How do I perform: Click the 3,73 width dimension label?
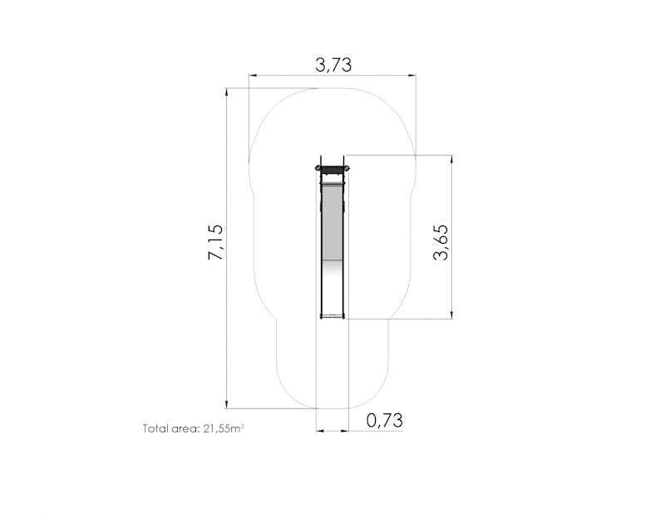[x=333, y=65]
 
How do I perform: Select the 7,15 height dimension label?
[x=215, y=242]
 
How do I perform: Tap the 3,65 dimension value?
[x=441, y=242]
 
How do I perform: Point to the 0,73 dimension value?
[x=384, y=420]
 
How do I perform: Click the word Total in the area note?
[x=155, y=428]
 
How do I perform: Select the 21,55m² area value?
[x=224, y=428]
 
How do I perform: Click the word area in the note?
[x=185, y=428]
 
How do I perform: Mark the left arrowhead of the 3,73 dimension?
[x=254, y=76]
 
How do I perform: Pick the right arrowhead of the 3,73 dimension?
[x=411, y=76]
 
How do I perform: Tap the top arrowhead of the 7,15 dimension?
[x=226, y=92]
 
